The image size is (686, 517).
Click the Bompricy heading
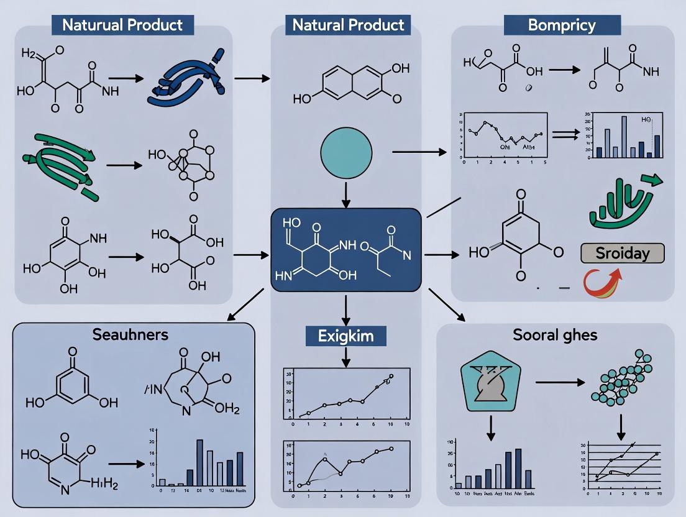click(561, 25)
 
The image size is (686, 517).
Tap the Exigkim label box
click(345, 336)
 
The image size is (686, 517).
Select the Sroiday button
click(622, 254)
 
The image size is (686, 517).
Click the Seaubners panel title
click(130, 334)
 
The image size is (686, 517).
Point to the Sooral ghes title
click(555, 335)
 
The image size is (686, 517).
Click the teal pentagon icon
click(491, 381)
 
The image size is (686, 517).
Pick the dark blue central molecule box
click(346, 250)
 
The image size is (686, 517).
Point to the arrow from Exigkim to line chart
click(346, 356)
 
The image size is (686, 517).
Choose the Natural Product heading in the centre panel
click(348, 25)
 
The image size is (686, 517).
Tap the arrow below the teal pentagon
click(491, 426)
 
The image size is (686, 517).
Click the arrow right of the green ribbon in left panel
click(124, 166)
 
